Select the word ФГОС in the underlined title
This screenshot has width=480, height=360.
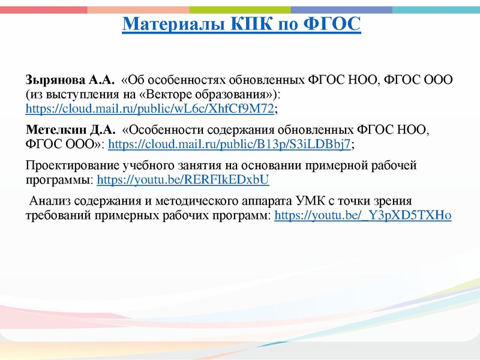click(x=335, y=25)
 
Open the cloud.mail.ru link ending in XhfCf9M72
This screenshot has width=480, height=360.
click(x=149, y=109)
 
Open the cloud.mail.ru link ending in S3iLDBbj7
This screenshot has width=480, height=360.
click(x=229, y=145)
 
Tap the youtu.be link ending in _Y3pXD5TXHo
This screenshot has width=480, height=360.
click(x=362, y=215)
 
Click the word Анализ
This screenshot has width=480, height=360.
click(x=49, y=201)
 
